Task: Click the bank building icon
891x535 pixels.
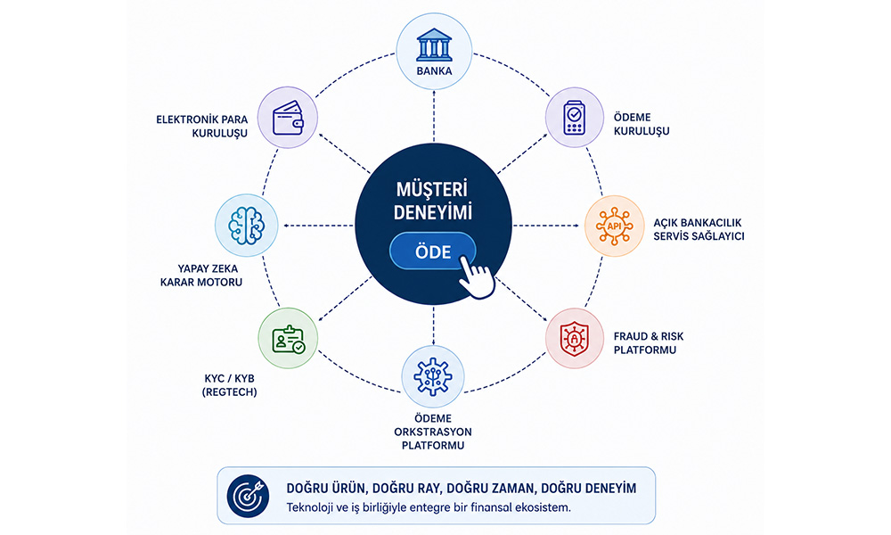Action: point(434,45)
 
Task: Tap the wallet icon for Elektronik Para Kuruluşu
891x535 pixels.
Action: point(288,118)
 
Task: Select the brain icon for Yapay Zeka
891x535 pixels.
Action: point(246,226)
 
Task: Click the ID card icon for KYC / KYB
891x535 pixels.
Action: point(288,340)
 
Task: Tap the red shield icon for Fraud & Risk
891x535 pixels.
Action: point(574,339)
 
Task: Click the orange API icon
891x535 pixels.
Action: point(614,226)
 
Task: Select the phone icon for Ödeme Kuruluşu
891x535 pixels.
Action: point(574,118)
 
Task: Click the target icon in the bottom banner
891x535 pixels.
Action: point(248,496)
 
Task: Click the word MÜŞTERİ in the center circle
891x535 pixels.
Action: point(431,189)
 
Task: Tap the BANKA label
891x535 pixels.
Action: point(434,71)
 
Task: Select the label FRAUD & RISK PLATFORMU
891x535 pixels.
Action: point(649,342)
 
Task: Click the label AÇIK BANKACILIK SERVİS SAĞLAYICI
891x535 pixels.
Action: point(699,229)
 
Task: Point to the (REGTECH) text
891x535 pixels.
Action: point(230,391)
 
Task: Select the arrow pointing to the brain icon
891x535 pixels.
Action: point(319,226)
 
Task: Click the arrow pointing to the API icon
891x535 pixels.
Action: point(545,226)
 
